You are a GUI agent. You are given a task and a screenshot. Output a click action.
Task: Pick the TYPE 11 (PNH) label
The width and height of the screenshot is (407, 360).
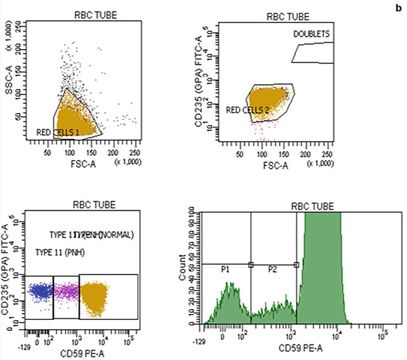pos(59,252)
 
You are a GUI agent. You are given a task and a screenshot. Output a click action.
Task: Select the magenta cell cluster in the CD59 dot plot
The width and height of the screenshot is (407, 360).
pos(66,290)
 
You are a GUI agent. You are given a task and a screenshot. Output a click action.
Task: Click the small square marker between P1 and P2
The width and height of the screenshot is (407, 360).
pos(251,265)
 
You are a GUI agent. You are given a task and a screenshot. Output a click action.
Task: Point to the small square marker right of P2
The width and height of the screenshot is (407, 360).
pos(297,265)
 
